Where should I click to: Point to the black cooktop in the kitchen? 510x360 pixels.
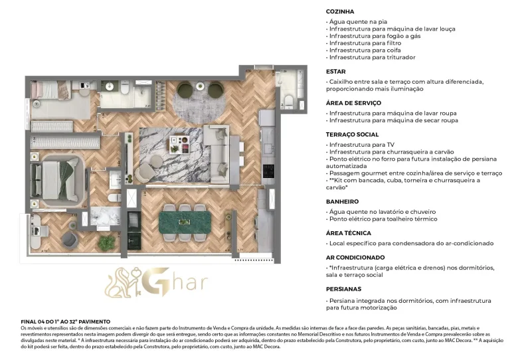pyautogui.click(x=268, y=171)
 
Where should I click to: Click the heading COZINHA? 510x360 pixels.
pyautogui.click(x=339, y=11)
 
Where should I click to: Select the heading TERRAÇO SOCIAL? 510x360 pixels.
pyautogui.click(x=353, y=134)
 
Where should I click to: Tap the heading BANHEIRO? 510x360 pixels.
pyautogui.click(x=342, y=201)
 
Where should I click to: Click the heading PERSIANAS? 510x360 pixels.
pyautogui.click(x=344, y=289)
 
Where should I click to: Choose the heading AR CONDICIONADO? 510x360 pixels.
pyautogui.click(x=355, y=257)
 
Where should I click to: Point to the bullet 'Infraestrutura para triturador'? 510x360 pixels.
pyautogui.click(x=372, y=57)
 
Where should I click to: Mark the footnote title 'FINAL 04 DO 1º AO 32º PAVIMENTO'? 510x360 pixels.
pyautogui.click(x=65, y=321)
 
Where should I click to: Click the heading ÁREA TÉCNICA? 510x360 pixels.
pyautogui.click(x=348, y=233)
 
